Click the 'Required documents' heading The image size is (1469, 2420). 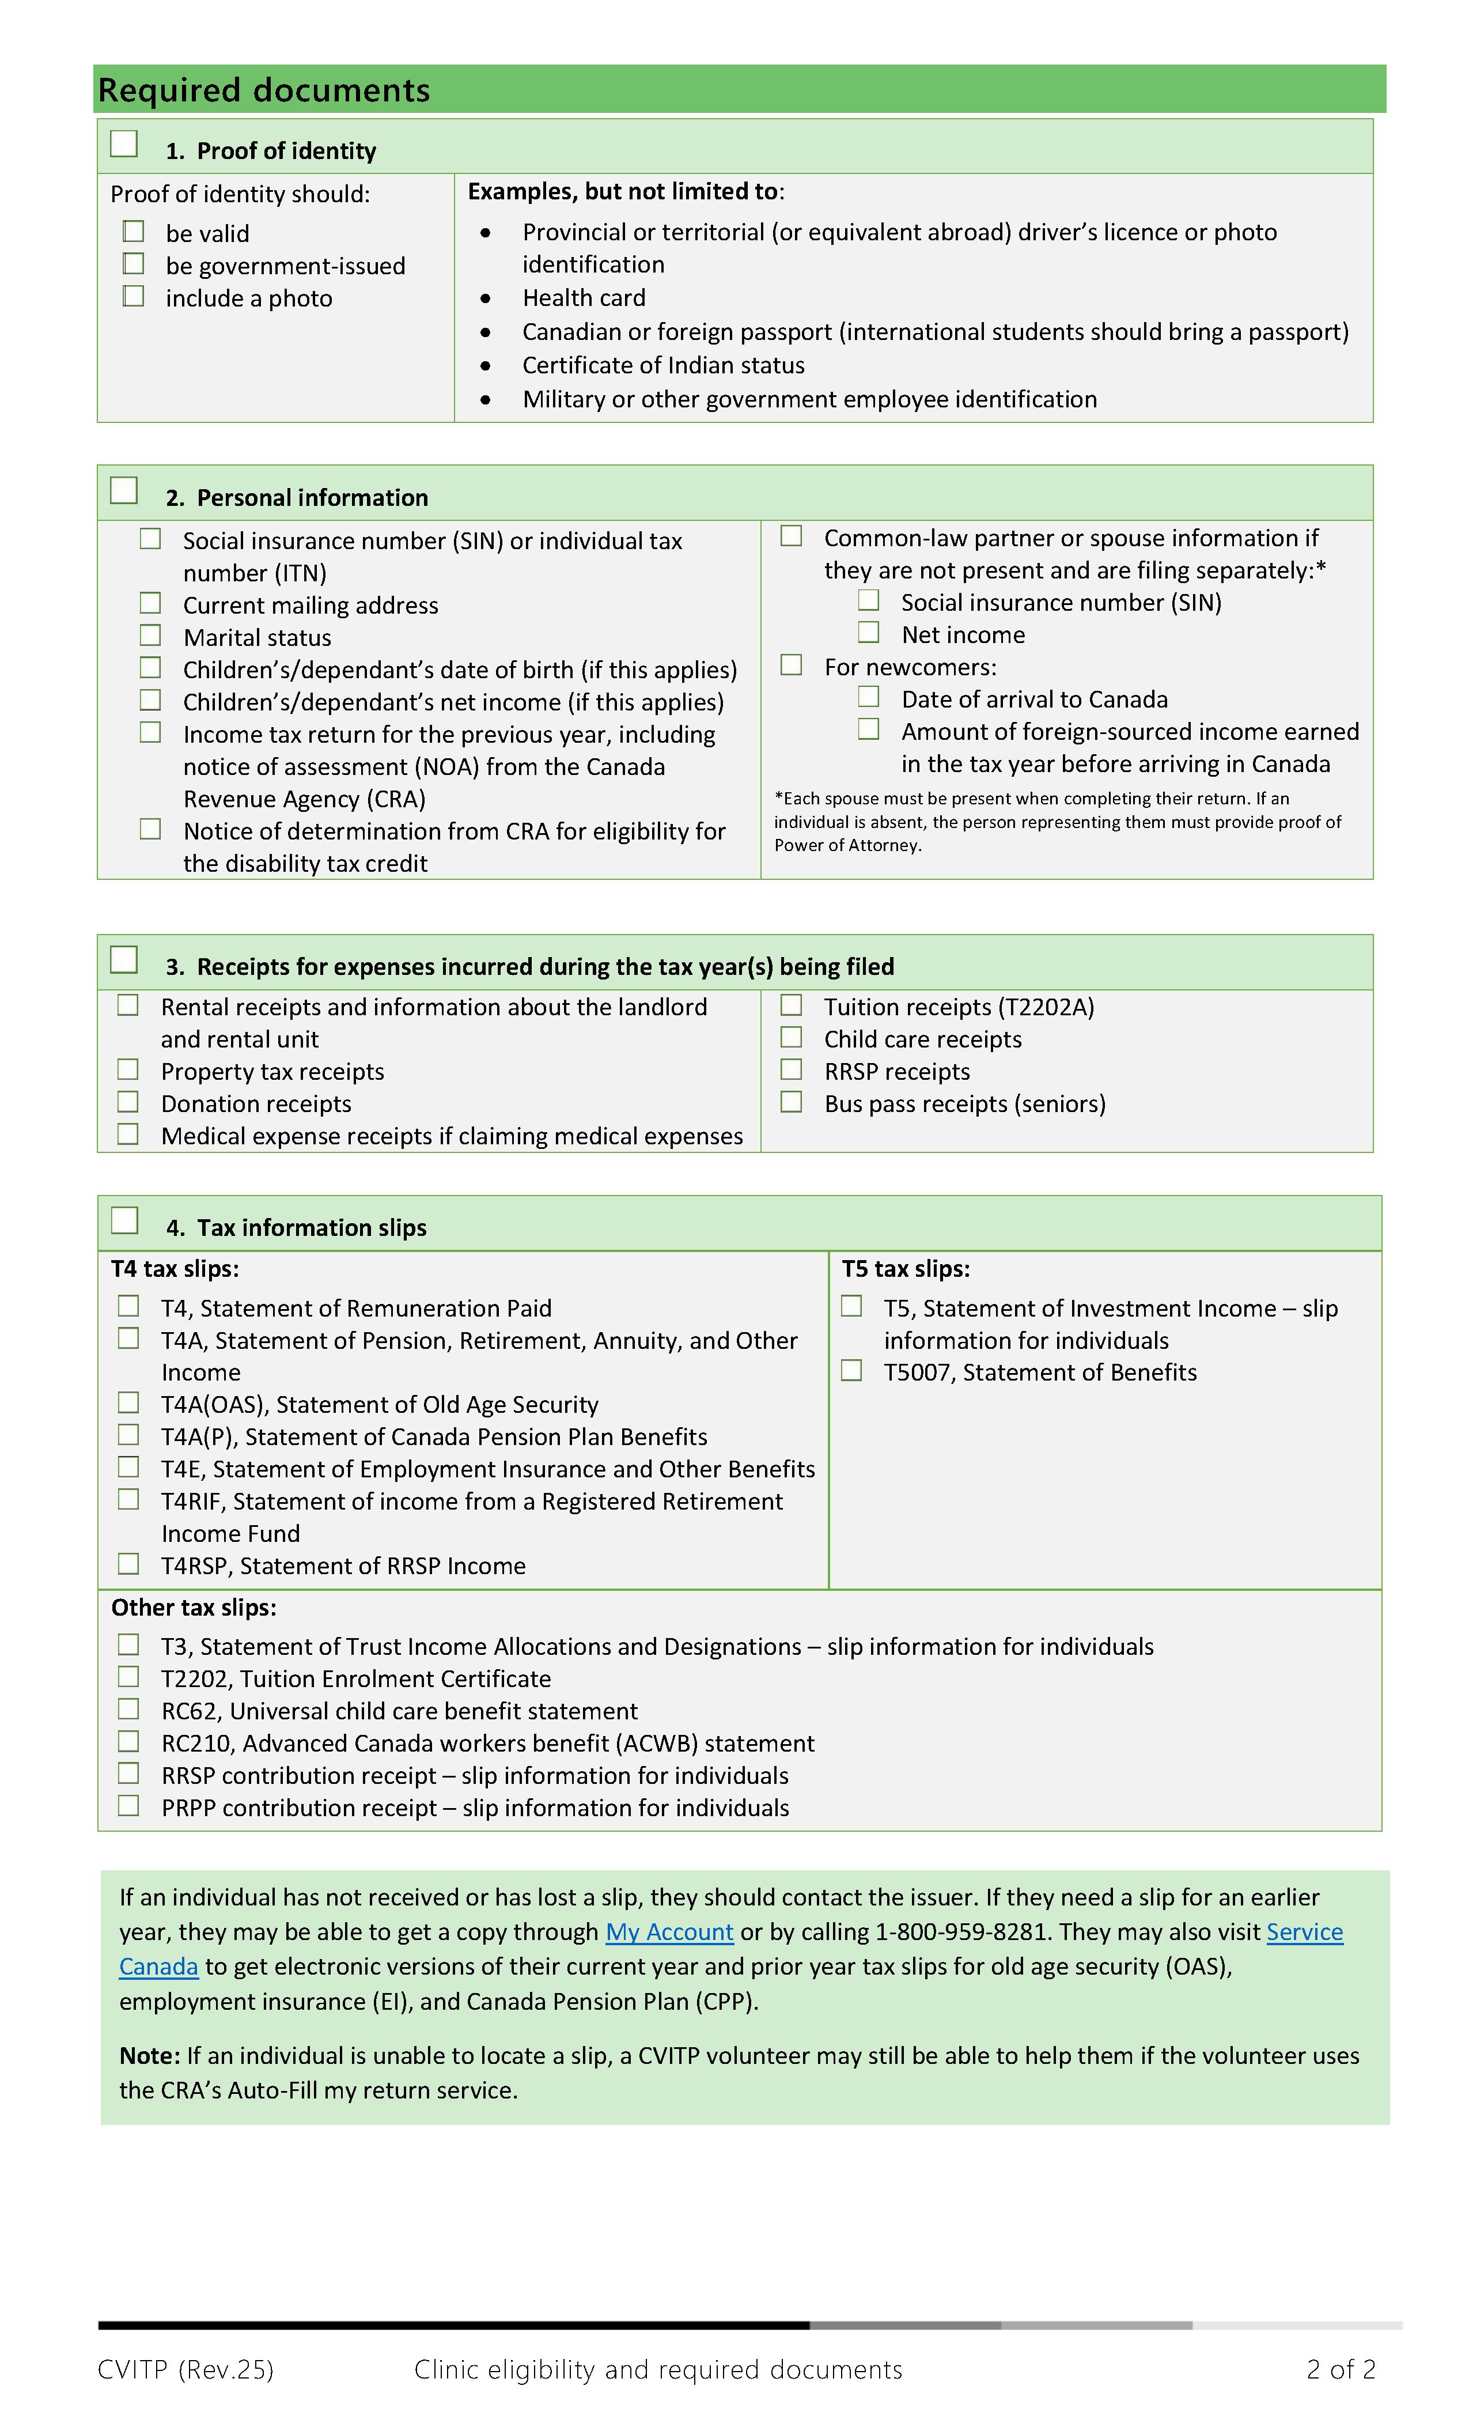click(x=263, y=90)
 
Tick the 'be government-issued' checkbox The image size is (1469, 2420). click(x=134, y=264)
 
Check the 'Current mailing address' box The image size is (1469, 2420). click(x=150, y=603)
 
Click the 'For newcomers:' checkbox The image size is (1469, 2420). click(x=792, y=665)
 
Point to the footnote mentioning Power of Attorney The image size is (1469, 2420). click(x=1057, y=822)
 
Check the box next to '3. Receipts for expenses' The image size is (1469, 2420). click(x=124, y=959)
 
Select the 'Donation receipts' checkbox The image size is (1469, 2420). click(x=128, y=1102)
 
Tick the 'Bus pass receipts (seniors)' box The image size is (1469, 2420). click(x=792, y=1102)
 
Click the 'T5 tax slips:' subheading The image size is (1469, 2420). click(x=906, y=1269)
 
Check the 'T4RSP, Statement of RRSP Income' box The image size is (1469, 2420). click(x=128, y=1564)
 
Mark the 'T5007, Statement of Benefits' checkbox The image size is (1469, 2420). click(x=851, y=1370)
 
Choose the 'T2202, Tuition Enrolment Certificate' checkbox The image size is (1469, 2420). click(x=128, y=1677)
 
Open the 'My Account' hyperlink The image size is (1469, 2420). click(x=669, y=1932)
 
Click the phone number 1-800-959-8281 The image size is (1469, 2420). click(x=960, y=1932)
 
